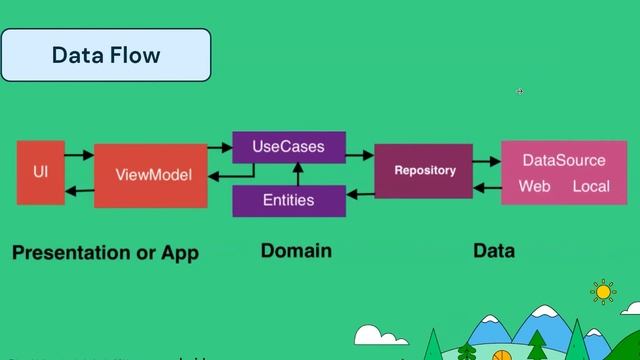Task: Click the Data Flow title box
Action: coord(106,55)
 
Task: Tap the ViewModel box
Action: coord(150,175)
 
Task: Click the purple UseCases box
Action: coord(289,147)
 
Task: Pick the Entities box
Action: coord(289,200)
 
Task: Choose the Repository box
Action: coord(424,171)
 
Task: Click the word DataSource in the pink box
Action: coord(564,160)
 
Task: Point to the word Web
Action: coord(535,187)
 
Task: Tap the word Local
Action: coord(590,187)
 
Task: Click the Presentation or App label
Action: coord(105,252)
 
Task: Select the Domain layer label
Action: coord(295,250)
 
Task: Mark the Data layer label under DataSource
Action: coord(494,250)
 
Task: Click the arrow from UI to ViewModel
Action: coord(80,155)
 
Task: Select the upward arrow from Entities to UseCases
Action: coord(268,174)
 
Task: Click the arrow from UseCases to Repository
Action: coord(360,155)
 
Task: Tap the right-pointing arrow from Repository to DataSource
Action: coord(487,160)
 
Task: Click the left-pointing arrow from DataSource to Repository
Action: coord(487,187)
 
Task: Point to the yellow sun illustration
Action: coord(603,291)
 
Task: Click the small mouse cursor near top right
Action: coord(520,91)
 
